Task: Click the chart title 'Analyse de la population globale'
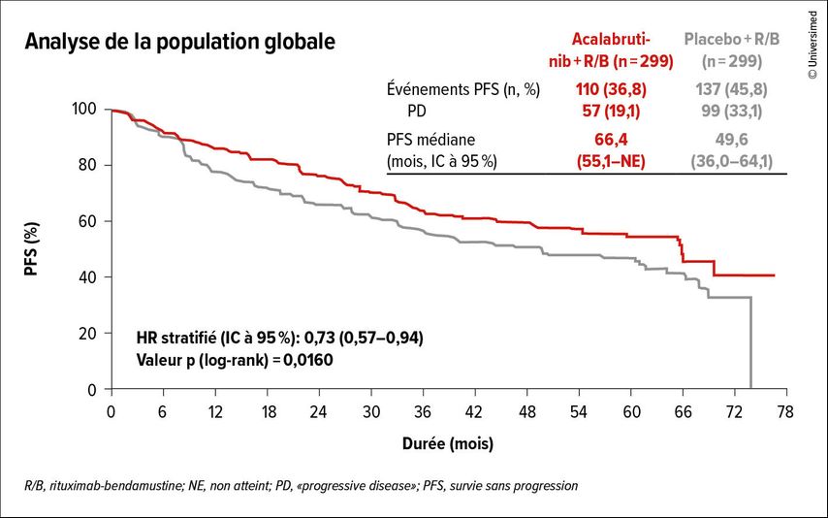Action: click(180, 43)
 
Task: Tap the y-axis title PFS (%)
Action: click(32, 249)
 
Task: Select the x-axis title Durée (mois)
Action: click(447, 444)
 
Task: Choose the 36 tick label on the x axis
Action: click(423, 411)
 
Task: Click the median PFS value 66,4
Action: click(612, 140)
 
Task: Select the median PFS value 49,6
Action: click(732, 140)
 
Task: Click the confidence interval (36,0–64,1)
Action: click(732, 161)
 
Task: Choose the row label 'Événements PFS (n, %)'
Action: click(462, 89)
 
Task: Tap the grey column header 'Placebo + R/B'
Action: click(732, 40)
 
